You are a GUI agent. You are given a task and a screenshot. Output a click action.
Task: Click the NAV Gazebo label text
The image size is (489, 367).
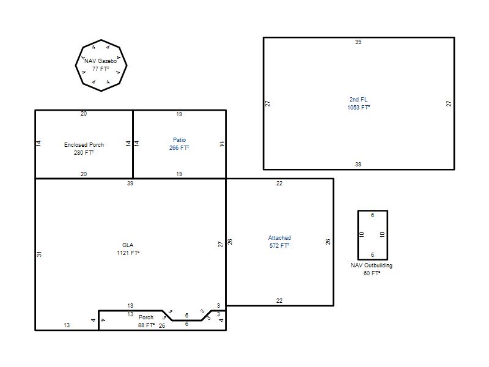pyautogui.click(x=100, y=61)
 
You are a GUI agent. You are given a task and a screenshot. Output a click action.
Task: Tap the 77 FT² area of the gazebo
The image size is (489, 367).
pyautogui.click(x=100, y=69)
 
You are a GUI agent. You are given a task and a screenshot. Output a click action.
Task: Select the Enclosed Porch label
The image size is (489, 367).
pyautogui.click(x=84, y=145)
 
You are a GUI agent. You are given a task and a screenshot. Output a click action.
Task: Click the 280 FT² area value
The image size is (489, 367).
pyautogui.click(x=84, y=152)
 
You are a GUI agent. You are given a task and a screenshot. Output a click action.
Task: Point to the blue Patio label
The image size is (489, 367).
pyautogui.click(x=179, y=140)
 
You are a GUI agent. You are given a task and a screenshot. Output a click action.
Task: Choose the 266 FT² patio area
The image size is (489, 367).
pyautogui.click(x=179, y=147)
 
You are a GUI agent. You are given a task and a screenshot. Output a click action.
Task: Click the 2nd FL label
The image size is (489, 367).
pyautogui.click(x=359, y=100)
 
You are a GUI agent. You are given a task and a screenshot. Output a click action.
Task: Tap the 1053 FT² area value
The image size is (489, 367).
pyautogui.click(x=359, y=108)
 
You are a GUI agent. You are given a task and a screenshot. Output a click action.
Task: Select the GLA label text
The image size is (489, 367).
pyautogui.click(x=128, y=245)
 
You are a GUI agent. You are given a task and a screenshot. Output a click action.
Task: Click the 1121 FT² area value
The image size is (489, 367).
pyautogui.click(x=128, y=253)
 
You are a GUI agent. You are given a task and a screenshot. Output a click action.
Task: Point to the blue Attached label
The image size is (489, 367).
pyautogui.click(x=279, y=238)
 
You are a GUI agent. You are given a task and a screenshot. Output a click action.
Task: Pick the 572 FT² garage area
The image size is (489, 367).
pyautogui.click(x=279, y=246)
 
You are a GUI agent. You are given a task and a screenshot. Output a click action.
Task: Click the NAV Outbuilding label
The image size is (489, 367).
pyautogui.click(x=372, y=265)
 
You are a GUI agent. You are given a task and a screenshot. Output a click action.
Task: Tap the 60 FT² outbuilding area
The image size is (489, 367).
pyautogui.click(x=372, y=273)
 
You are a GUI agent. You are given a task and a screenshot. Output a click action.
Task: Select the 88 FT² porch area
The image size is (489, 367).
pyautogui.click(x=146, y=325)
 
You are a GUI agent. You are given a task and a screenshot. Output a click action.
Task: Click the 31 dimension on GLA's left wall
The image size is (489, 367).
pyautogui.click(x=39, y=254)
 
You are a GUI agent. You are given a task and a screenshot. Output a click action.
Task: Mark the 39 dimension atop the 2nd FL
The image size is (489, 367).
pyautogui.click(x=358, y=42)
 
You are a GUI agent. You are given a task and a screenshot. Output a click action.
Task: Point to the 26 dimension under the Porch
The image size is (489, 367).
pyautogui.click(x=162, y=326)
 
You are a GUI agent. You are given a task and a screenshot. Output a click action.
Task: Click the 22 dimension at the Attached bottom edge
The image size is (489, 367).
pyautogui.click(x=279, y=300)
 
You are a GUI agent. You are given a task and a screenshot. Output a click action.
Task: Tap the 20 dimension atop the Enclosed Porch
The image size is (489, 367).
pyautogui.click(x=84, y=114)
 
